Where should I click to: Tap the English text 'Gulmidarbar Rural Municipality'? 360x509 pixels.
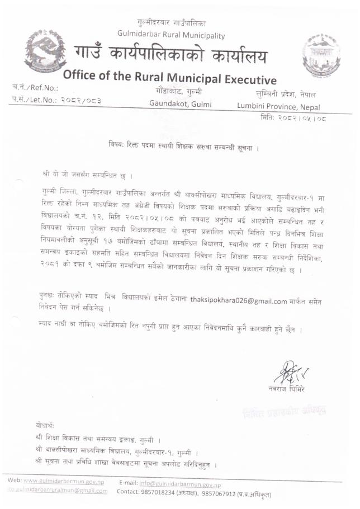[171, 35]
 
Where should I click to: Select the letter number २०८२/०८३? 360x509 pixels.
[77, 100]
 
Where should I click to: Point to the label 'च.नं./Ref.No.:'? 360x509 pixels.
[35, 88]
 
